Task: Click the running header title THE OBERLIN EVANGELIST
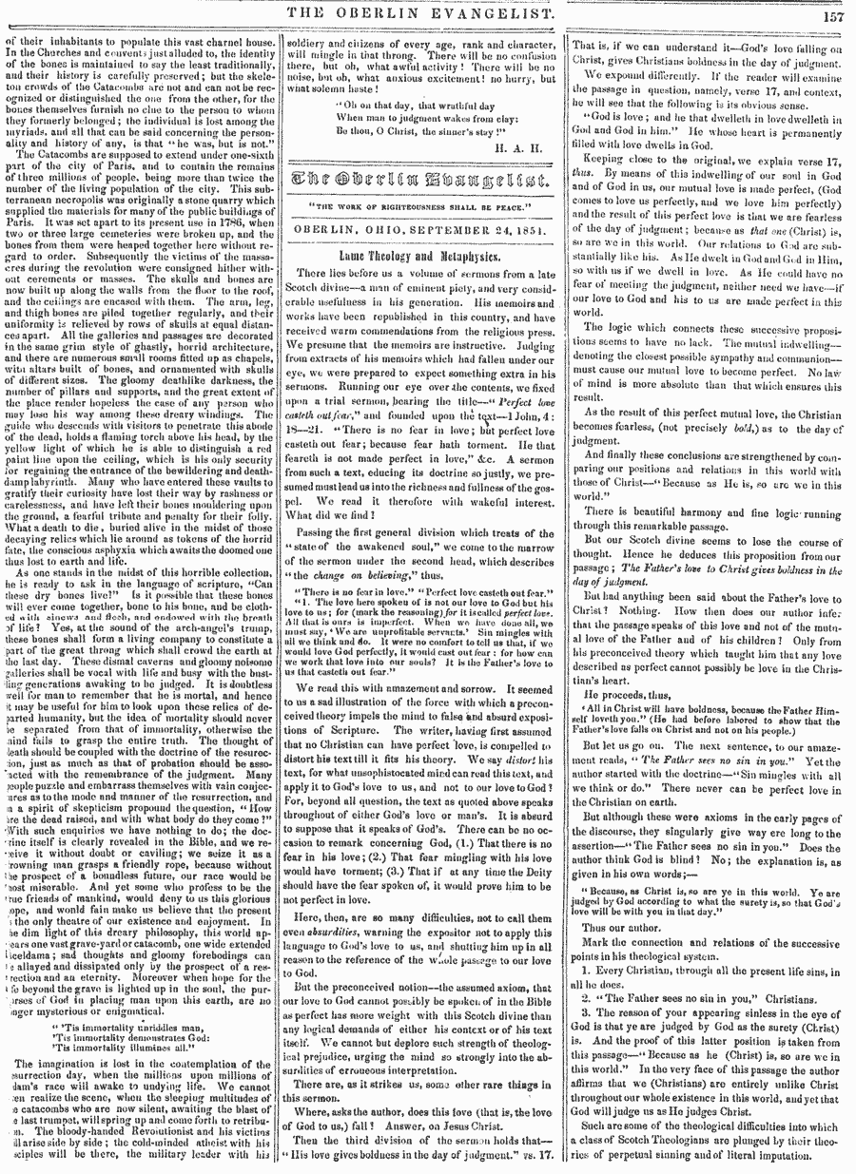click(427, 14)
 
